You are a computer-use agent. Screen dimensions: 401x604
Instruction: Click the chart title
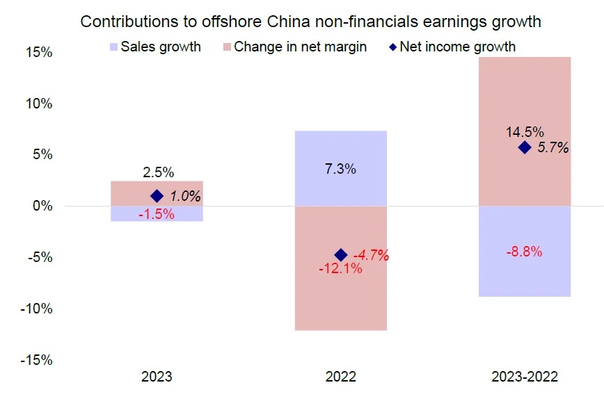point(310,22)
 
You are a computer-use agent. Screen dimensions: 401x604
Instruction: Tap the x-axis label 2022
point(341,377)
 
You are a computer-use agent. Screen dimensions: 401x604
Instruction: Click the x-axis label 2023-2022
point(524,377)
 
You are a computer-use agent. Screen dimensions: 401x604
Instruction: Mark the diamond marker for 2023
point(157,196)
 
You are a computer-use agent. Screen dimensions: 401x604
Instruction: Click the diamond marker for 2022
point(341,254)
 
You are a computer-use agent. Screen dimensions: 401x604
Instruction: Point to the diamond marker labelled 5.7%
point(525,147)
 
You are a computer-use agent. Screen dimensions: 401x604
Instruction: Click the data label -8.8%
point(525,252)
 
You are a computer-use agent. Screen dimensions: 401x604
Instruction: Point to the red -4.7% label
point(371,255)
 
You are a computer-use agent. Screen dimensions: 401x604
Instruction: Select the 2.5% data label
point(157,172)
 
